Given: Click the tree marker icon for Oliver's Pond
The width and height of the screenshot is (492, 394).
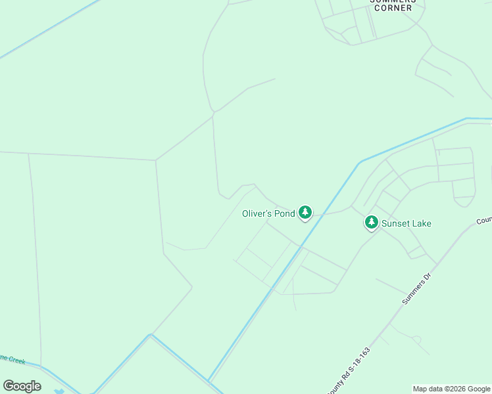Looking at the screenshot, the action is click(x=305, y=212).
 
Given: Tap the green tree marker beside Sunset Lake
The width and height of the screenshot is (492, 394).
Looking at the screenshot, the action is click(x=372, y=223).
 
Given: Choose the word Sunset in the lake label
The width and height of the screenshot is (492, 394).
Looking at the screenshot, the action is click(x=396, y=223).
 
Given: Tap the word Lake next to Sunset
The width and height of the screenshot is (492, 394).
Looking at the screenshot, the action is click(x=422, y=223).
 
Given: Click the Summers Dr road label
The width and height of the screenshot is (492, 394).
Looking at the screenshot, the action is click(x=416, y=289).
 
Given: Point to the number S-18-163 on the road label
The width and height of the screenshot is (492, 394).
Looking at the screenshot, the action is click(x=358, y=361).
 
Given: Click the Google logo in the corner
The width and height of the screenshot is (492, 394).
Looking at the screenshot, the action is click(x=22, y=385).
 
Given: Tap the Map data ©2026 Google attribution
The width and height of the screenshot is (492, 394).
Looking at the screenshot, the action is click(x=451, y=389).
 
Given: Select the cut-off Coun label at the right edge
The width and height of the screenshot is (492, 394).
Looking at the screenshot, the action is click(x=484, y=221).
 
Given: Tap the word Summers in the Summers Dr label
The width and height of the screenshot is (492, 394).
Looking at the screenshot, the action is click(x=412, y=293).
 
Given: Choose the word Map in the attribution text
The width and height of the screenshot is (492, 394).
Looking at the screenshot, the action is click(x=420, y=389).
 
